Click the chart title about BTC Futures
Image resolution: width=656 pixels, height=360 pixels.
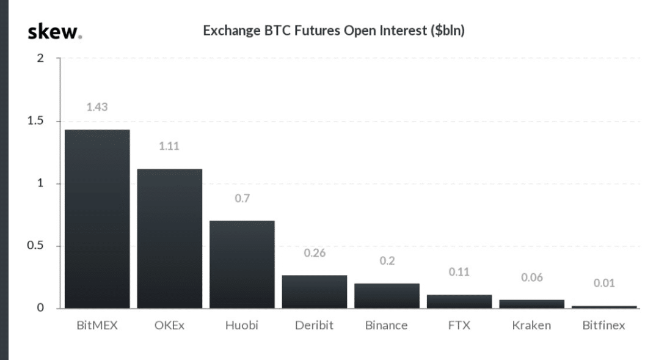click(x=334, y=31)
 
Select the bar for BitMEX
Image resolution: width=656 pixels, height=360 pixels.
click(x=97, y=219)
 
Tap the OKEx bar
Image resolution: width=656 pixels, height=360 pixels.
click(x=169, y=238)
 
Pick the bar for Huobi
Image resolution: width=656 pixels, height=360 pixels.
click(x=242, y=264)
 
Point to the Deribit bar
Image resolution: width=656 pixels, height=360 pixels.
click(x=314, y=292)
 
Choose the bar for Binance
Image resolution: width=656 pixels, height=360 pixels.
click(x=387, y=296)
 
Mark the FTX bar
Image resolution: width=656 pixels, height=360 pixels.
click(x=459, y=301)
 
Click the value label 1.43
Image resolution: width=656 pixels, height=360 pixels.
click(x=97, y=107)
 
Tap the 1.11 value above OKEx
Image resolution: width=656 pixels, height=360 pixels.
click(x=169, y=147)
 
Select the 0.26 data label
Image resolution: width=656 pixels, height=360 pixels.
click(x=314, y=253)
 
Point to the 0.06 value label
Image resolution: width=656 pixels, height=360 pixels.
click(x=531, y=277)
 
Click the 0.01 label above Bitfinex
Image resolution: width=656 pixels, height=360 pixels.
click(x=604, y=284)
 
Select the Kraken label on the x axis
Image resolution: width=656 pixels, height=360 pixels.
click(x=531, y=325)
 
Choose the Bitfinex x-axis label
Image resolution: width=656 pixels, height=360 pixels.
click(x=604, y=325)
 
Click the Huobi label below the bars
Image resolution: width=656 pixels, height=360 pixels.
click(x=242, y=325)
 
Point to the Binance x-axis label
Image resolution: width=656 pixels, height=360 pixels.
click(x=387, y=325)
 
